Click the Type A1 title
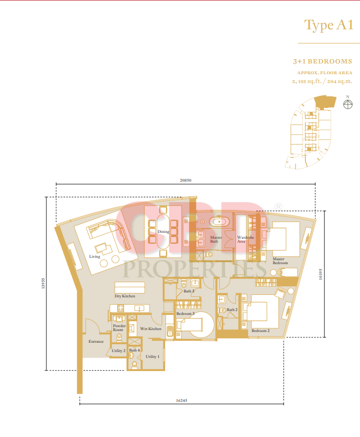point(329,25)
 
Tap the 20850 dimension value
point(186,180)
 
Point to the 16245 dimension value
point(182,400)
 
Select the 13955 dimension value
point(43,283)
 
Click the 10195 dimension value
point(321,274)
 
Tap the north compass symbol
point(348,104)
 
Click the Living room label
point(95,257)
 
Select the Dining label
point(164,231)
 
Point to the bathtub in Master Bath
point(219,222)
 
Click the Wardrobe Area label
point(246,239)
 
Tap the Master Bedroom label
point(280,261)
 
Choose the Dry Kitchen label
point(125,296)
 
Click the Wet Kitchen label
point(151,329)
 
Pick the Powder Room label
point(119,328)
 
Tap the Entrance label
point(96,341)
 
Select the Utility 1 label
point(152,356)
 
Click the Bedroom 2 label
point(260,331)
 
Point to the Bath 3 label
point(189,291)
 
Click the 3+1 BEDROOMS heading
point(322,62)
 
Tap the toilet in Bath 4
point(134,365)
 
